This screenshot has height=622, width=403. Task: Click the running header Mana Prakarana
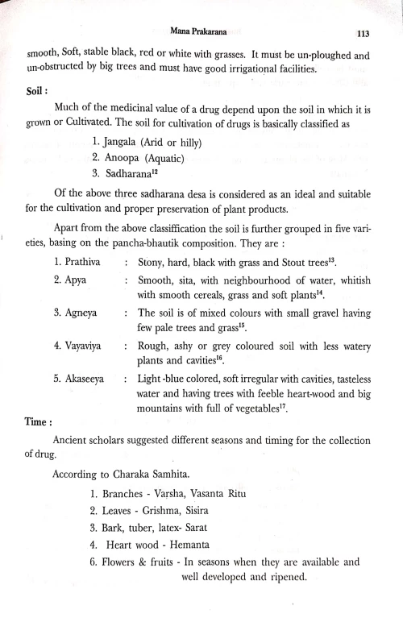200,31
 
